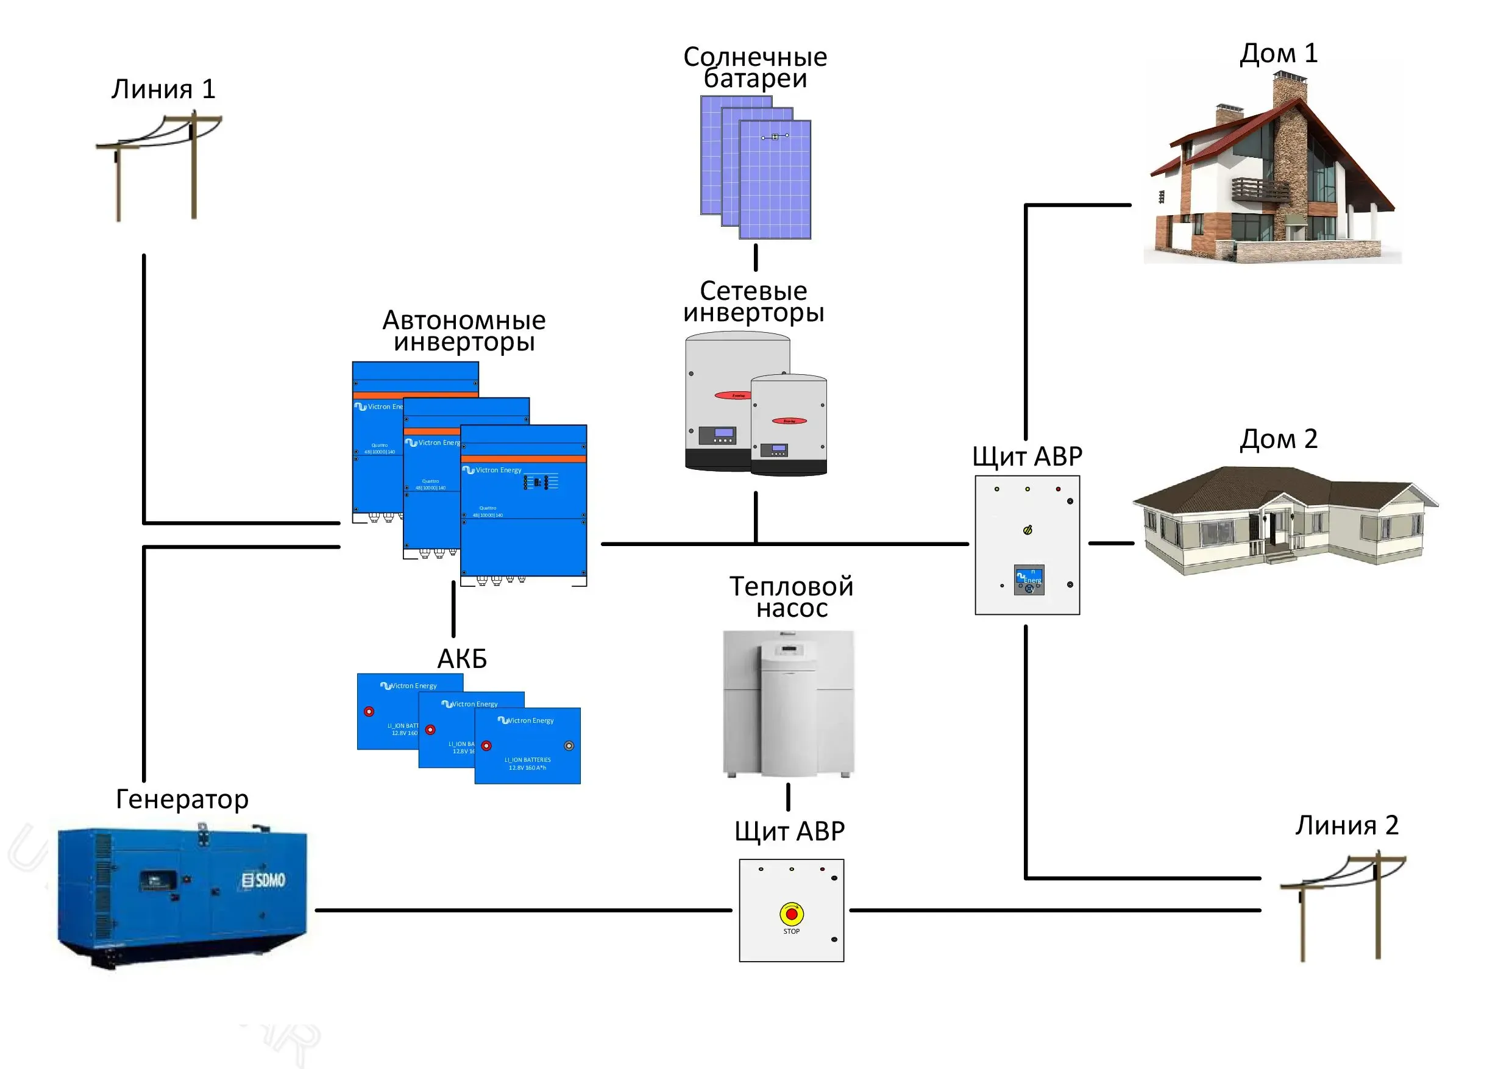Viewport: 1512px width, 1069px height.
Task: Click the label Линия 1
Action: tap(163, 89)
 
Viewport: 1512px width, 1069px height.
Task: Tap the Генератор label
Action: tap(182, 799)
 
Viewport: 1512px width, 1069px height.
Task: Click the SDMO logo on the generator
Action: tap(263, 880)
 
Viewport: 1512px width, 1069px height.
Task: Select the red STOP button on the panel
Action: tap(792, 914)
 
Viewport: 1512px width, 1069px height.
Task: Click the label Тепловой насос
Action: tap(791, 597)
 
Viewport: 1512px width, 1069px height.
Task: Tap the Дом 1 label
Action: tap(1278, 54)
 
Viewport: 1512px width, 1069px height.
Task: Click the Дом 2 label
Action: tap(1278, 439)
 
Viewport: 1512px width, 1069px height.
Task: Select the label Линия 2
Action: tap(1347, 825)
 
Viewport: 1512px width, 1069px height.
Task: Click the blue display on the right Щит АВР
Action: tap(1029, 580)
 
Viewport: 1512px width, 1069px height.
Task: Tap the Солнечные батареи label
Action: tap(754, 67)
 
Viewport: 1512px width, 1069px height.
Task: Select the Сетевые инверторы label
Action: tap(753, 302)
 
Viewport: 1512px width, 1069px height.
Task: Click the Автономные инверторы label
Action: tap(464, 331)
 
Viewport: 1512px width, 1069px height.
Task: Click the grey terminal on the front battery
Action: tap(569, 745)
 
